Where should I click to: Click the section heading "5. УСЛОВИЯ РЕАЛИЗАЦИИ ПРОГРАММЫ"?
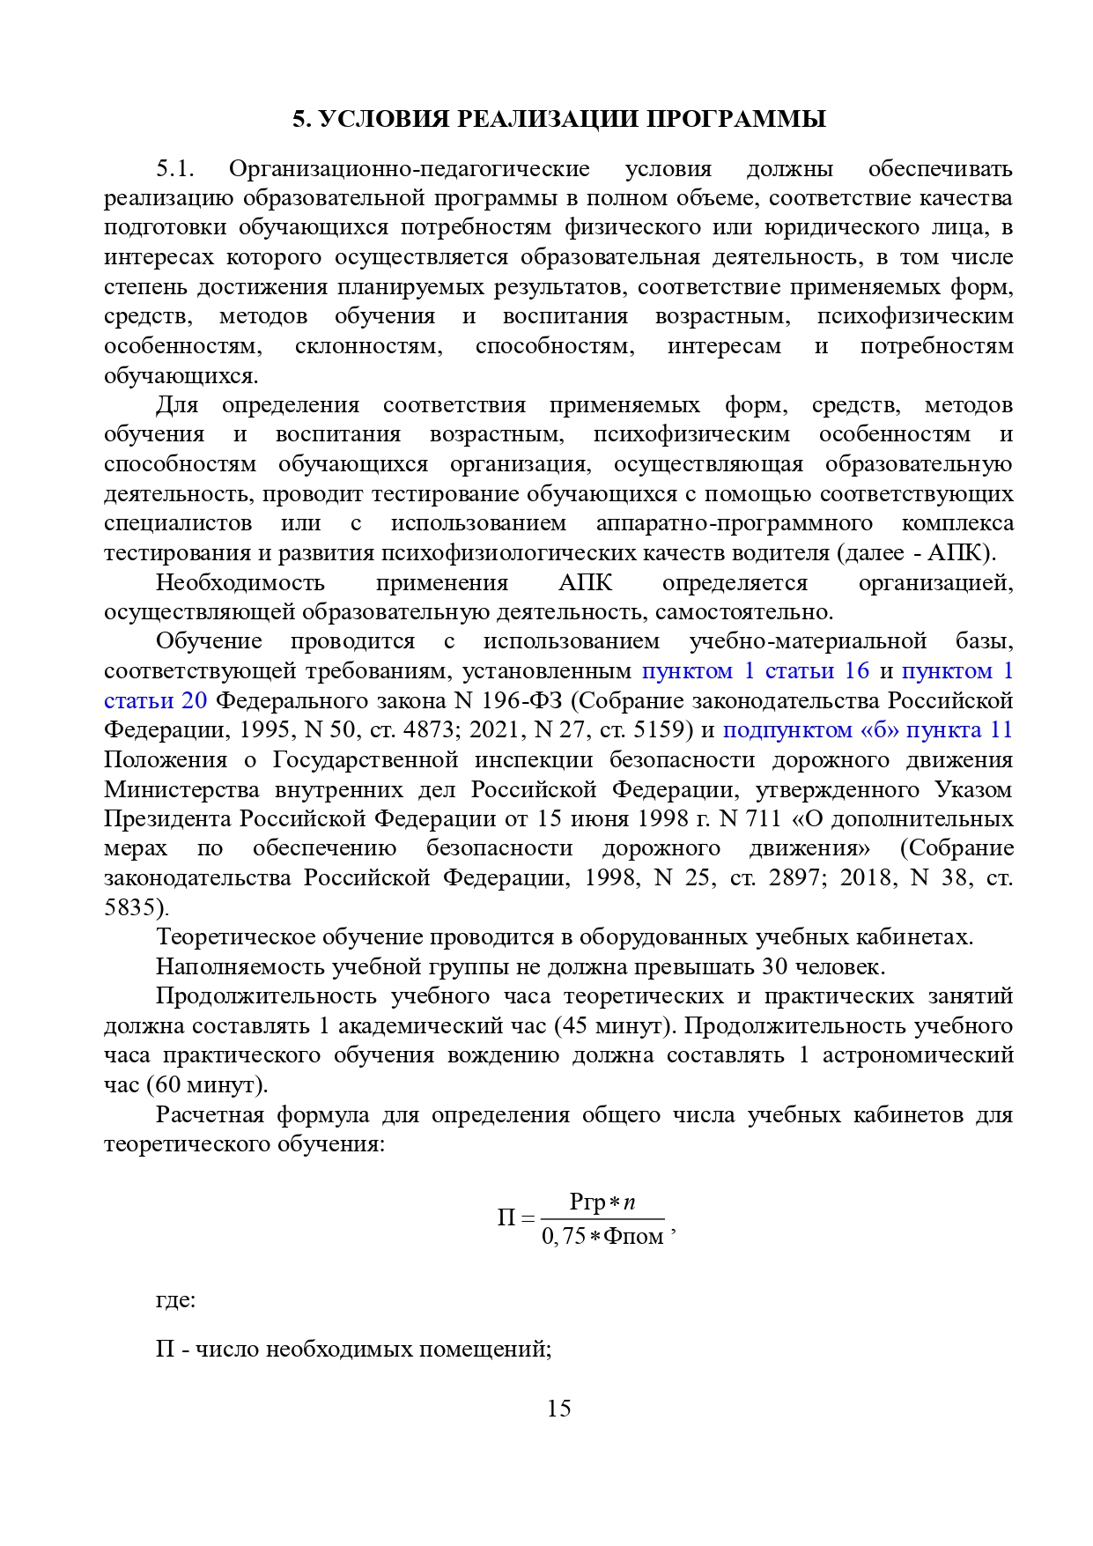point(559,119)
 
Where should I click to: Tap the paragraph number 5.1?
point(174,168)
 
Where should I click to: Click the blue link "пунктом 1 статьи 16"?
point(755,671)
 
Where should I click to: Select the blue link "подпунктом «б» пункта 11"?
point(868,730)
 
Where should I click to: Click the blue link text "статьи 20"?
point(155,701)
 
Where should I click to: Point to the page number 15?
point(558,1409)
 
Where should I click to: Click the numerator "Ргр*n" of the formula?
point(602,1202)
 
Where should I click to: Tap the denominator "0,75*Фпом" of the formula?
point(602,1237)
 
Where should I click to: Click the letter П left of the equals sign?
point(506,1219)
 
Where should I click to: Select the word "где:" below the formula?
point(175,1300)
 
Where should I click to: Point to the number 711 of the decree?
point(764,819)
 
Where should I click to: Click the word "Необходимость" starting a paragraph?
point(240,583)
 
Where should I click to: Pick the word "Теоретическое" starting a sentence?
point(233,937)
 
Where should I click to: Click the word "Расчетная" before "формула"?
point(210,1115)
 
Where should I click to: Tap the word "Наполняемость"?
point(240,967)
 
